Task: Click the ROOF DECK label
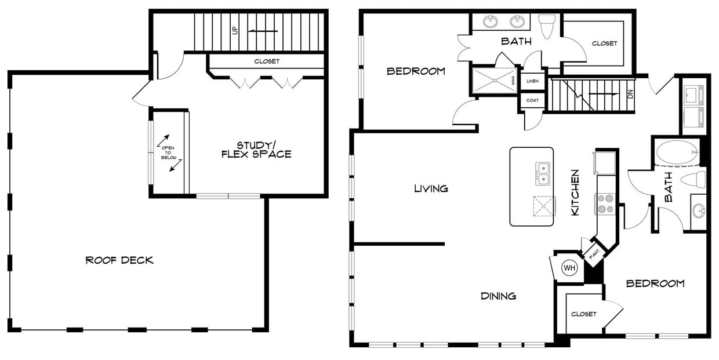[119, 260]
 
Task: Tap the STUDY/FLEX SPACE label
[255, 150]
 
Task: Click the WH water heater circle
[570, 268]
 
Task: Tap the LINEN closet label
[532, 82]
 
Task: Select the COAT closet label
[532, 100]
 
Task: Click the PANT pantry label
[594, 253]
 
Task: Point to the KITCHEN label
[575, 192]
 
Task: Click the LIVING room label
[431, 188]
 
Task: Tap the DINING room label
[498, 296]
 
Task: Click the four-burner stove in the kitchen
[606, 203]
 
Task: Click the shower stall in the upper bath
[495, 81]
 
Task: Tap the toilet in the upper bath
[547, 26]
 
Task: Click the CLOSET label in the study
[267, 61]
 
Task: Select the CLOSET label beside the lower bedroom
[583, 314]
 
